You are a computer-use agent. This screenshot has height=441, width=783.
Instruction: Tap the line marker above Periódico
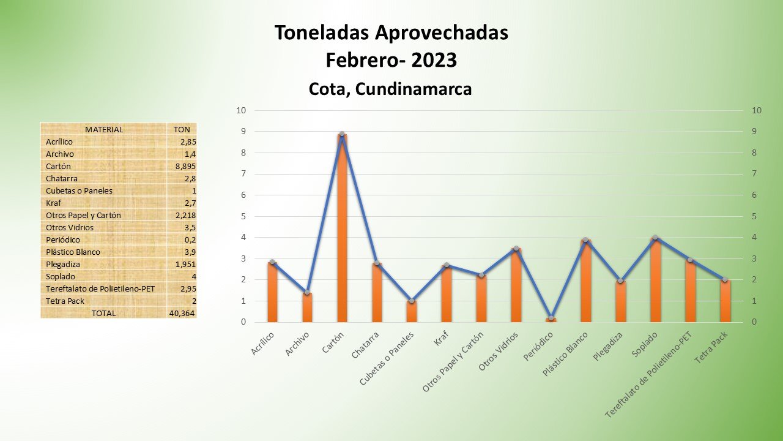tap(551, 318)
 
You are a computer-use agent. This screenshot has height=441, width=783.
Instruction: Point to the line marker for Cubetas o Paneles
tap(412, 301)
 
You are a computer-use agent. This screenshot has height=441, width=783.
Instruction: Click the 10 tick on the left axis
tap(241, 111)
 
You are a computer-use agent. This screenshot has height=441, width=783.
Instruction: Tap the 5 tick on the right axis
tap(757, 216)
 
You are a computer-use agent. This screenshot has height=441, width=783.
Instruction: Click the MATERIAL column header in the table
tap(104, 129)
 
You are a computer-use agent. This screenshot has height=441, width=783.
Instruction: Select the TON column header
tap(182, 129)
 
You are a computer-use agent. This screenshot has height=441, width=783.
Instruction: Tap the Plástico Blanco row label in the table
tap(73, 252)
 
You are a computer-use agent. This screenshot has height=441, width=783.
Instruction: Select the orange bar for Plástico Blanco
tap(586, 282)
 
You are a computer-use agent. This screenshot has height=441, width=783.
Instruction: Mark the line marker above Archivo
tap(307, 293)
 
